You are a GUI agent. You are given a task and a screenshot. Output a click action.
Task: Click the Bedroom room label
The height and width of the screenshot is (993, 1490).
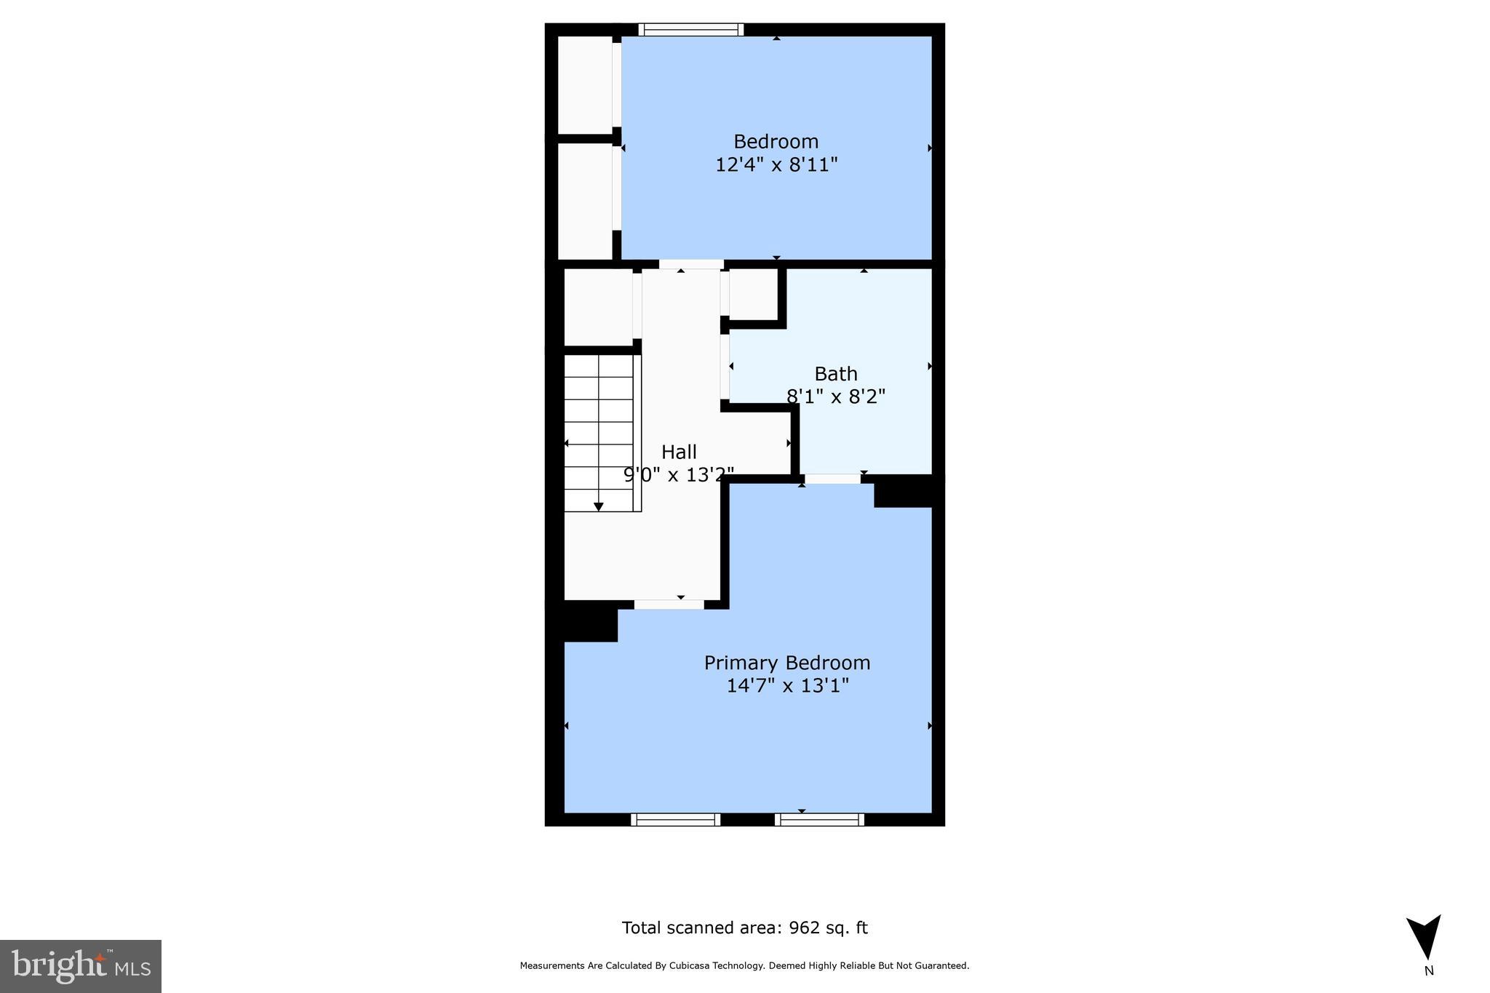(x=776, y=141)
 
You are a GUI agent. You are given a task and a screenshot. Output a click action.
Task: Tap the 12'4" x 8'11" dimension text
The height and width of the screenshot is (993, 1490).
(x=776, y=164)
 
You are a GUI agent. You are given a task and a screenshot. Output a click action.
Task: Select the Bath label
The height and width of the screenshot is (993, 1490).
(x=835, y=374)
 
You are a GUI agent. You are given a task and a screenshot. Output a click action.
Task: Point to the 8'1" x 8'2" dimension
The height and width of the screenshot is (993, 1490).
(x=835, y=396)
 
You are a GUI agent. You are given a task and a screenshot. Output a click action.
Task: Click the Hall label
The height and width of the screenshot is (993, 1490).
(x=679, y=452)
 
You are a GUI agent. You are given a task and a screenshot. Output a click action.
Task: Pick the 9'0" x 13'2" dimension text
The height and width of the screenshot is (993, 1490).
(x=679, y=474)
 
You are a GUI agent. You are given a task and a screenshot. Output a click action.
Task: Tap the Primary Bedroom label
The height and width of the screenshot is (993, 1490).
(x=786, y=663)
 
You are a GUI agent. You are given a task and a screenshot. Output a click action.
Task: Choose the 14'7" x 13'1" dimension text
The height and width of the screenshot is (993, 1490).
(x=787, y=685)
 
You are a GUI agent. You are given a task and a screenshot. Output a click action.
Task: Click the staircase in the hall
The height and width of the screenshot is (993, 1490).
(x=601, y=433)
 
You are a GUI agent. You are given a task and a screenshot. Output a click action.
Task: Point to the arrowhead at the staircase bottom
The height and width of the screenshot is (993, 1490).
(x=599, y=506)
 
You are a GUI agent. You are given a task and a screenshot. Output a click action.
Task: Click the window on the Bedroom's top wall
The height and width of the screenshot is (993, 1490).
(x=690, y=30)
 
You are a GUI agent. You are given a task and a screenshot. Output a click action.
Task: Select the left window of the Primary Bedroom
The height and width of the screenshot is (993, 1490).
(x=675, y=819)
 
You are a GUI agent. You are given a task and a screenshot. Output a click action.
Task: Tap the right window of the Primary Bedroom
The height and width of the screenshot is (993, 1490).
(x=819, y=819)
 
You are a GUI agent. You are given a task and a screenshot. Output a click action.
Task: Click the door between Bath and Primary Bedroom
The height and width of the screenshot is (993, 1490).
(x=832, y=479)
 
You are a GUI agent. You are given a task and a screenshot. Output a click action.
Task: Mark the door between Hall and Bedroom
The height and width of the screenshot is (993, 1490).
(x=690, y=264)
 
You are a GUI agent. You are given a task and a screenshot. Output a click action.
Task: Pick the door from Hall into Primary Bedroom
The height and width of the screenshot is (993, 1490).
(x=669, y=604)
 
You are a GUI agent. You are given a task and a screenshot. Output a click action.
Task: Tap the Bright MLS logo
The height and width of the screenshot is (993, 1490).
(x=81, y=966)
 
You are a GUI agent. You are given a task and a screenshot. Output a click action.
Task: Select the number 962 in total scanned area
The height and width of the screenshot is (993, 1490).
(x=804, y=928)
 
